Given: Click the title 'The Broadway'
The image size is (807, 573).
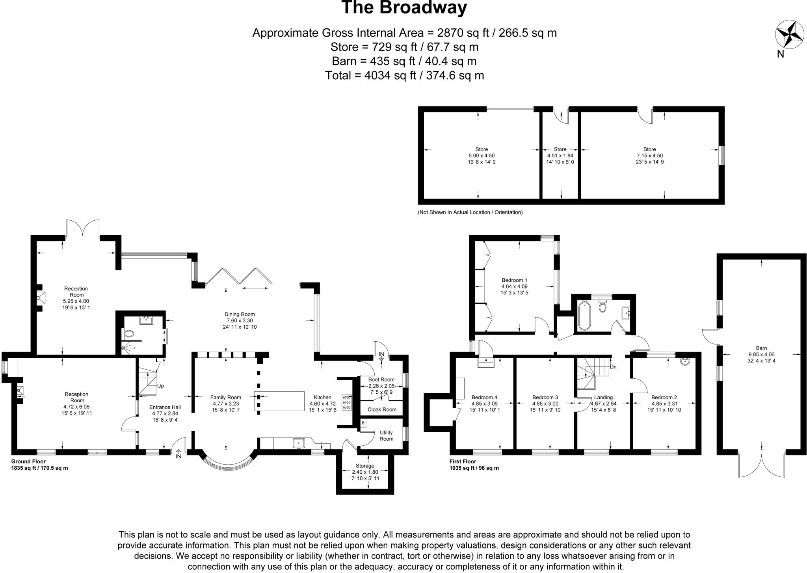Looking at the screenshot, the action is click(404, 7).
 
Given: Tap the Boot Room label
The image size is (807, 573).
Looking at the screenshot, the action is click(381, 380).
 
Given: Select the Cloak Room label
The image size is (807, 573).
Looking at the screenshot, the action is click(382, 409).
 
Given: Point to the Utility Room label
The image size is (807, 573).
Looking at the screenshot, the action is click(386, 435).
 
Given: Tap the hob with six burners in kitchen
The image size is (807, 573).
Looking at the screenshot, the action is click(347, 402).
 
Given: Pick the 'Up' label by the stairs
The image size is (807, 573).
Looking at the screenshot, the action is click(160, 386).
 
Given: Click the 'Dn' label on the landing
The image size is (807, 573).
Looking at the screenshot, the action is click(613, 367).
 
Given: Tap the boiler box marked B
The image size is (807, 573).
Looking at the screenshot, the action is click(363, 423).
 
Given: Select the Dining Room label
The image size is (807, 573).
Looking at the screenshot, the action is click(240, 314).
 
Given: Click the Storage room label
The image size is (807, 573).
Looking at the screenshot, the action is click(364, 466).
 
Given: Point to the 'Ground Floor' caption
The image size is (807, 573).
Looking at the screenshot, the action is click(28, 461).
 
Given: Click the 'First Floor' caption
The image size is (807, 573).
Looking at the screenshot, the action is click(463, 461).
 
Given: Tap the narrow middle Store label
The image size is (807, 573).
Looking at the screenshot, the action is click(560, 149).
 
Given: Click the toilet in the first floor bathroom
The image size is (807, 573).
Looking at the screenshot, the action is click(602, 306).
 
